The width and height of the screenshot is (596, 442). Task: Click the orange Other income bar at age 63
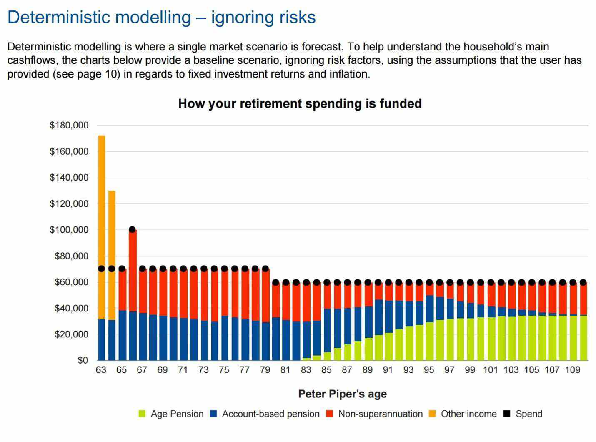[101, 227]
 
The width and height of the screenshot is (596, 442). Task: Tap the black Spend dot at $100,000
[132, 229]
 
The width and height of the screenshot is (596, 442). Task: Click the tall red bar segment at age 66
[132, 271]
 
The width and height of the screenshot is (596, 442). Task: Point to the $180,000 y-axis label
[69, 125]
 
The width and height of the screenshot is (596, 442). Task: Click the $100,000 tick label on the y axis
[69, 230]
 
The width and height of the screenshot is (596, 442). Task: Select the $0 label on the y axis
[83, 360]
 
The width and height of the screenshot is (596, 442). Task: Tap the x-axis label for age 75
[224, 370]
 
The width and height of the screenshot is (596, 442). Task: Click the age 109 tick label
[573, 370]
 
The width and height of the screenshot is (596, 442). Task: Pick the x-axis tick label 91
[388, 370]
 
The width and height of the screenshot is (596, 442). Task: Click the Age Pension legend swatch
[142, 414]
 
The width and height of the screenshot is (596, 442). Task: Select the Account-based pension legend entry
[270, 414]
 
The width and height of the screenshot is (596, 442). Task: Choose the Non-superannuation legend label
[380, 414]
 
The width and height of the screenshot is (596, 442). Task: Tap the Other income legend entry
[468, 414]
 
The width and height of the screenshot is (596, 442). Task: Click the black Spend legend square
[507, 414]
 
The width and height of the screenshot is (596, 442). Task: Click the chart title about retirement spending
[300, 103]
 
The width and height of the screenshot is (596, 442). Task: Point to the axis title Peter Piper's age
[342, 394]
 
